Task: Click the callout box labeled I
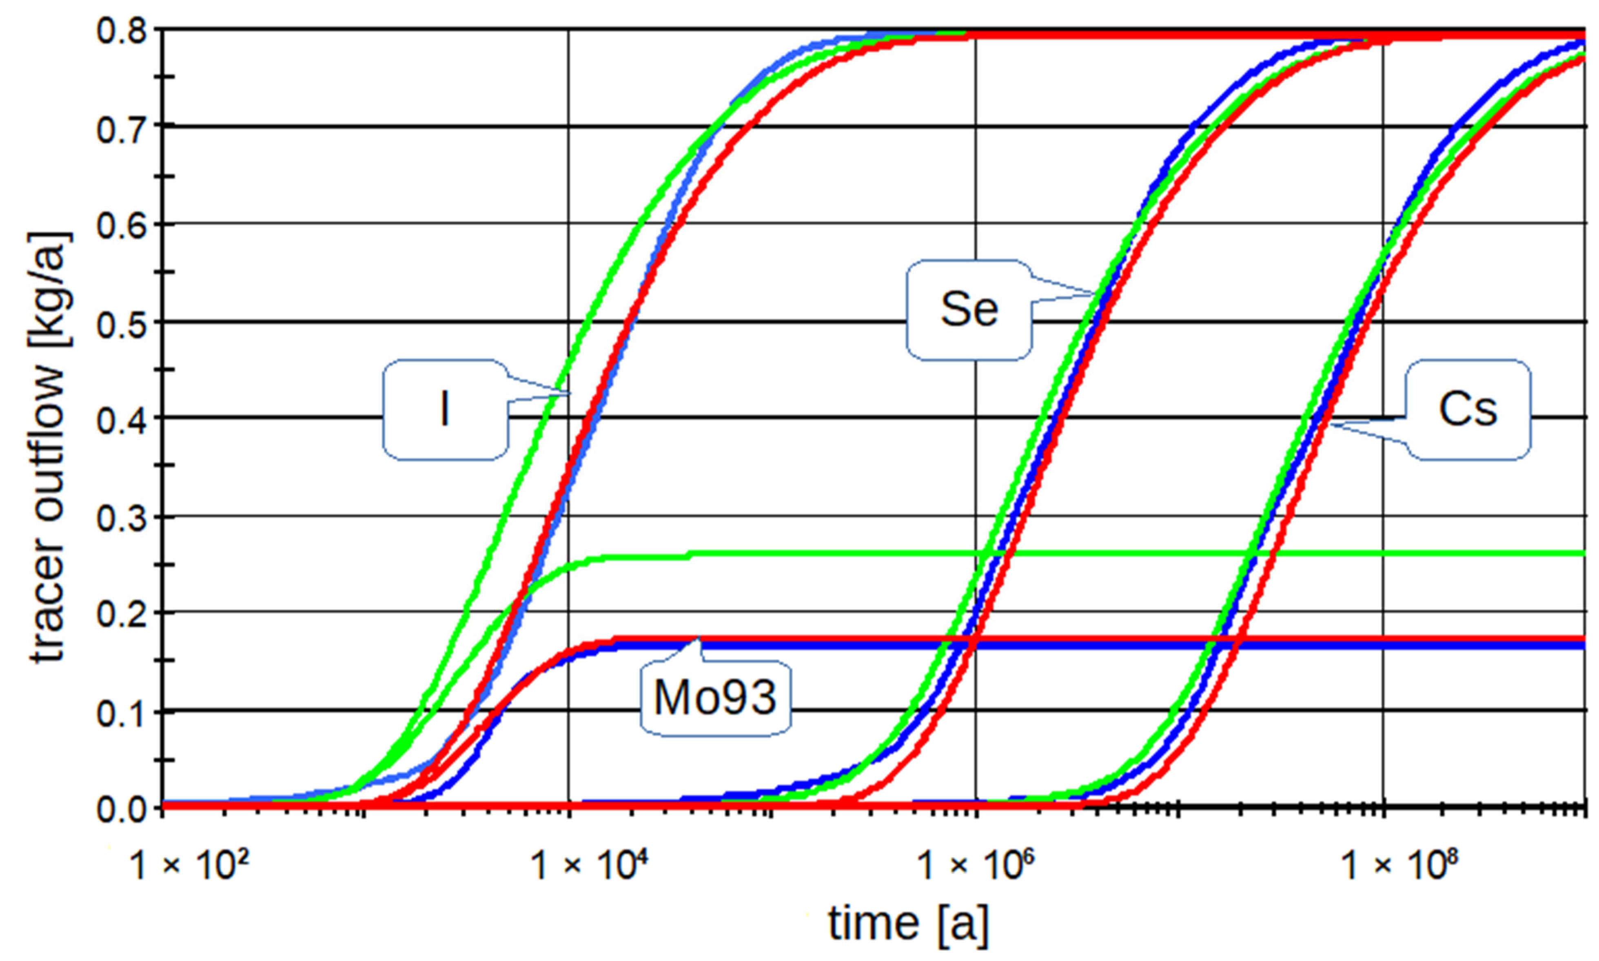(x=444, y=410)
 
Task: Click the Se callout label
(x=969, y=310)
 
